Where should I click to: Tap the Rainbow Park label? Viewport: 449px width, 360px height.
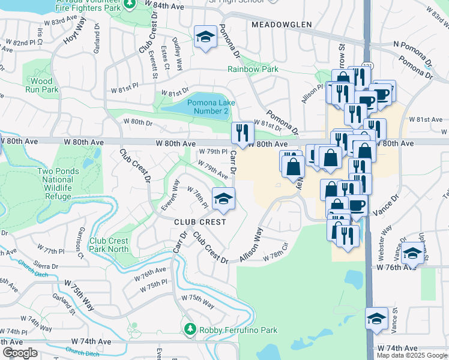tap(253, 69)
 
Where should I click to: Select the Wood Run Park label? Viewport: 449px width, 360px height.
tap(42, 85)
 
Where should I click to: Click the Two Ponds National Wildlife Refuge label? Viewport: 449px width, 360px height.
tap(63, 179)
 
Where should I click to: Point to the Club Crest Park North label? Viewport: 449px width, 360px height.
tap(109, 245)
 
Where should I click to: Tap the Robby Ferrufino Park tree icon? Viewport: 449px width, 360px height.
tap(190, 329)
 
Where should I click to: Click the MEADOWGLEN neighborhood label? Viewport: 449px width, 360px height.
tap(282, 25)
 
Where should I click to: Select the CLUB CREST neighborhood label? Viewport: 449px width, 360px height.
tap(200, 222)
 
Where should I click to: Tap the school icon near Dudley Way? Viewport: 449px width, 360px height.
tap(205, 37)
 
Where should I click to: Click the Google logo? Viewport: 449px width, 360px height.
tap(20, 353)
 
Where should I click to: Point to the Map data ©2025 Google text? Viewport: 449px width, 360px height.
tap(412, 355)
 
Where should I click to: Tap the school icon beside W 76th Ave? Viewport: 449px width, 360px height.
tap(412, 254)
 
